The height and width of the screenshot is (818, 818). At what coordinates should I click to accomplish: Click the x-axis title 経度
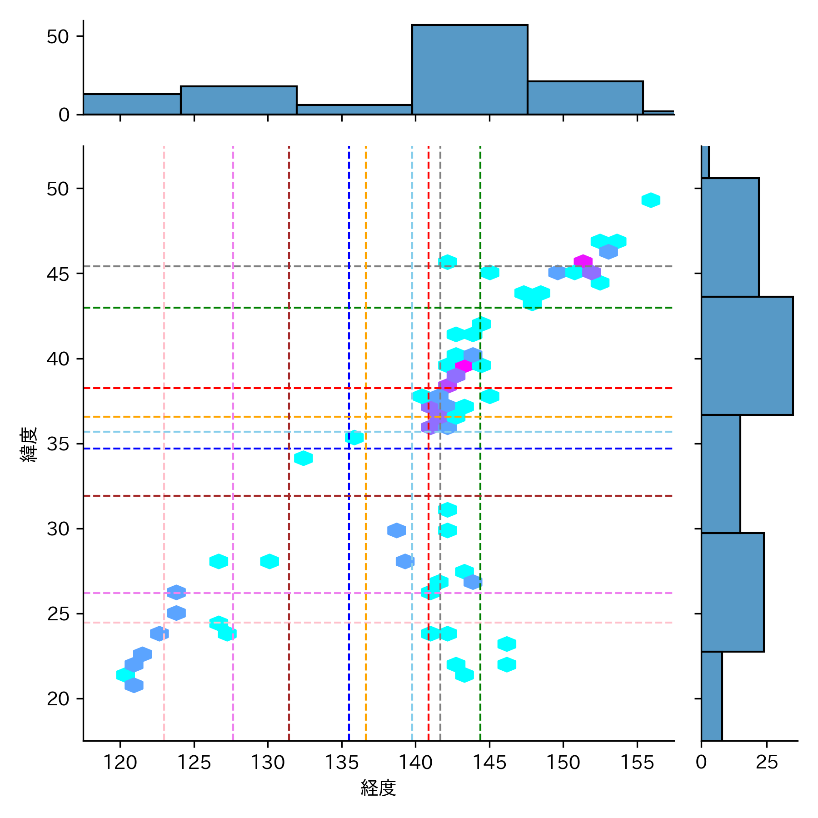(x=378, y=788)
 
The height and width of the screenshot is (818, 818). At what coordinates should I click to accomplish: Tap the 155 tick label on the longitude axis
(x=637, y=762)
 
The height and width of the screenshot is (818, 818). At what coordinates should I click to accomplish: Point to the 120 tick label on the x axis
(x=120, y=762)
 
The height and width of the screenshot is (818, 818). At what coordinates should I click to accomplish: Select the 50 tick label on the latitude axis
(x=58, y=189)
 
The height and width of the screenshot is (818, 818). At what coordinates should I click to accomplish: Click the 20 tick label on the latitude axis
(x=58, y=698)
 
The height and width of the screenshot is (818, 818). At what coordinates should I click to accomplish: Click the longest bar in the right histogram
(x=747, y=355)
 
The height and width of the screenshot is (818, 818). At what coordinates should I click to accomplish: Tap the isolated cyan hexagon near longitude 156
(x=651, y=200)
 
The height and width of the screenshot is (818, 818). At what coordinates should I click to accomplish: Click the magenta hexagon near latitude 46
(x=583, y=261)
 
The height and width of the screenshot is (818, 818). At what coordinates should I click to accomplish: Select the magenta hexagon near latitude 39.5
(x=464, y=365)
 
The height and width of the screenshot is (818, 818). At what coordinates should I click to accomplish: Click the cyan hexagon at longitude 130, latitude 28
(x=269, y=561)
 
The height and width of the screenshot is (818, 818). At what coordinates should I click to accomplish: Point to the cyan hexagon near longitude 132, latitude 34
(x=303, y=458)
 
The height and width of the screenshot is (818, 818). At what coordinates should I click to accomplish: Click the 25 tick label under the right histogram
(x=767, y=762)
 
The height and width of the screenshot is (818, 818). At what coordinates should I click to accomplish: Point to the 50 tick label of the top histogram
(x=58, y=37)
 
